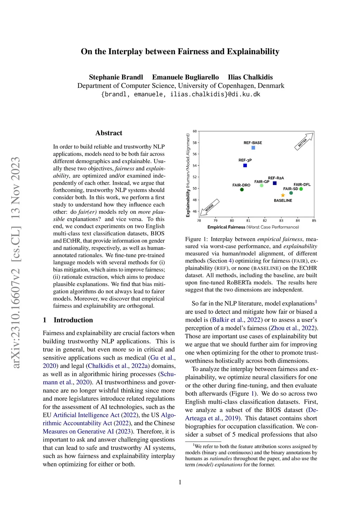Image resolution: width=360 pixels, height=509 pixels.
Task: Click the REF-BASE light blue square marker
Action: tap(253, 148)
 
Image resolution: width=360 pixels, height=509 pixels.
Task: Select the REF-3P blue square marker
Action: tap(245, 166)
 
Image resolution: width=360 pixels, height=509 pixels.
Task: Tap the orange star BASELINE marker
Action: tap(283, 195)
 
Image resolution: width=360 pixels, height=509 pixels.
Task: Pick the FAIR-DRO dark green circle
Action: tap(242, 190)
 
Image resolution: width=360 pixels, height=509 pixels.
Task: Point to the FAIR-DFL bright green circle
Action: tap(301, 189)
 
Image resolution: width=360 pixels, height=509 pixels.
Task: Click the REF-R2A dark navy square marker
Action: tap(275, 183)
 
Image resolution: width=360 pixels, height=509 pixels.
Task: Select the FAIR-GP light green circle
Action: tap(262, 186)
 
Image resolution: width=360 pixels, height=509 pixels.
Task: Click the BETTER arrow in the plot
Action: tap(304, 141)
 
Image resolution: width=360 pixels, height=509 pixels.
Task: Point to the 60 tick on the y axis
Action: tap(195, 131)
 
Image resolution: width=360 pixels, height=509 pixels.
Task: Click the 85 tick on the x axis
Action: tap(314, 221)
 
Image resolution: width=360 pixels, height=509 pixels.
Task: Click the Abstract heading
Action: tap(109, 133)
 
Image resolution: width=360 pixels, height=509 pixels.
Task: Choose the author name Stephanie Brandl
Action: tap(116, 77)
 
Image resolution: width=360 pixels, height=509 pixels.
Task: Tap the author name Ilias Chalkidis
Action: tap(250, 77)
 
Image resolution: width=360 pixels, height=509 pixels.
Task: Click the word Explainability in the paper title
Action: tap(253, 52)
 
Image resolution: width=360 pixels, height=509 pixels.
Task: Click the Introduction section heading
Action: tap(73, 320)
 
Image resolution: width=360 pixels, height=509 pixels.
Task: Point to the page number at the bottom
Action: tap(180, 482)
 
